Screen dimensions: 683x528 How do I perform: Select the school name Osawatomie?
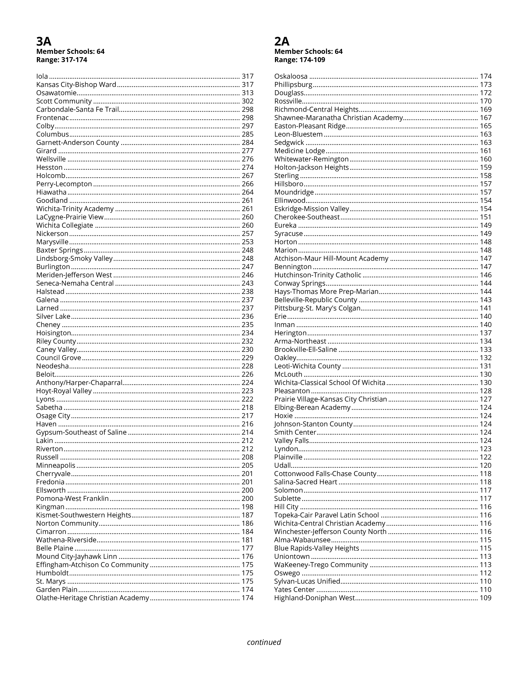(x=56, y=93)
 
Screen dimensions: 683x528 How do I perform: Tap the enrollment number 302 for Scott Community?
(x=247, y=101)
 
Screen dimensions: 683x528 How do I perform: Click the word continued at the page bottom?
(x=264, y=642)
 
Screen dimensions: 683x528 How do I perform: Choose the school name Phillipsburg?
(x=293, y=85)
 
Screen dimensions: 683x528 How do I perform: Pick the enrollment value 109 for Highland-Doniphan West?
(x=486, y=598)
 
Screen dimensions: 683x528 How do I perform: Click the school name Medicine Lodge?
(x=300, y=151)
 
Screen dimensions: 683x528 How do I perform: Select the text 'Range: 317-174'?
(x=62, y=60)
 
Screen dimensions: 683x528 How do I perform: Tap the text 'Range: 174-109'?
(x=300, y=60)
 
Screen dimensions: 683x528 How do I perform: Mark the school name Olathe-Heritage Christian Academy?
(x=93, y=598)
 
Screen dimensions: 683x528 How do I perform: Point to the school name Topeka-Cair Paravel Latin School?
(x=327, y=515)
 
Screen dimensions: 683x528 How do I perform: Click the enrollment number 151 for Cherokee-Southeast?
(x=486, y=217)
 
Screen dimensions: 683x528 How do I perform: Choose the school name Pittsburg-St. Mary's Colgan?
(x=317, y=308)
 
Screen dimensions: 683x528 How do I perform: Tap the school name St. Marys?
(x=51, y=581)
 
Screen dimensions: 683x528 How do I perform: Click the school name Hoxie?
(x=283, y=416)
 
